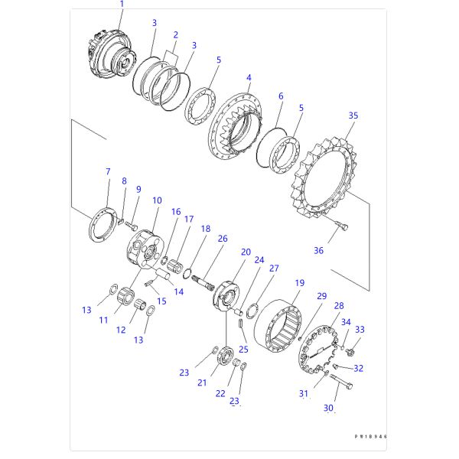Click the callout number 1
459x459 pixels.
(x=122, y=4)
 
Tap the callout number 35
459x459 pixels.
(x=353, y=116)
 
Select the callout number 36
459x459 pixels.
(x=318, y=250)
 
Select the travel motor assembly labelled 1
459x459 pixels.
(x=112, y=56)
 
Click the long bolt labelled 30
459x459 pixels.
(x=341, y=382)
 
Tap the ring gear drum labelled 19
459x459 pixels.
(x=278, y=326)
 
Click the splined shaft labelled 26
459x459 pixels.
(x=204, y=283)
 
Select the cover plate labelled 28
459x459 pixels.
(x=318, y=350)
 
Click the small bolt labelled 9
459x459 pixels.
(x=132, y=226)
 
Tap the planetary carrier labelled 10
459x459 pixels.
(x=145, y=249)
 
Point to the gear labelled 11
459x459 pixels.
(x=126, y=295)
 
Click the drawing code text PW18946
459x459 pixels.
(x=371, y=436)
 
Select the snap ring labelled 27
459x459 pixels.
(x=252, y=311)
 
